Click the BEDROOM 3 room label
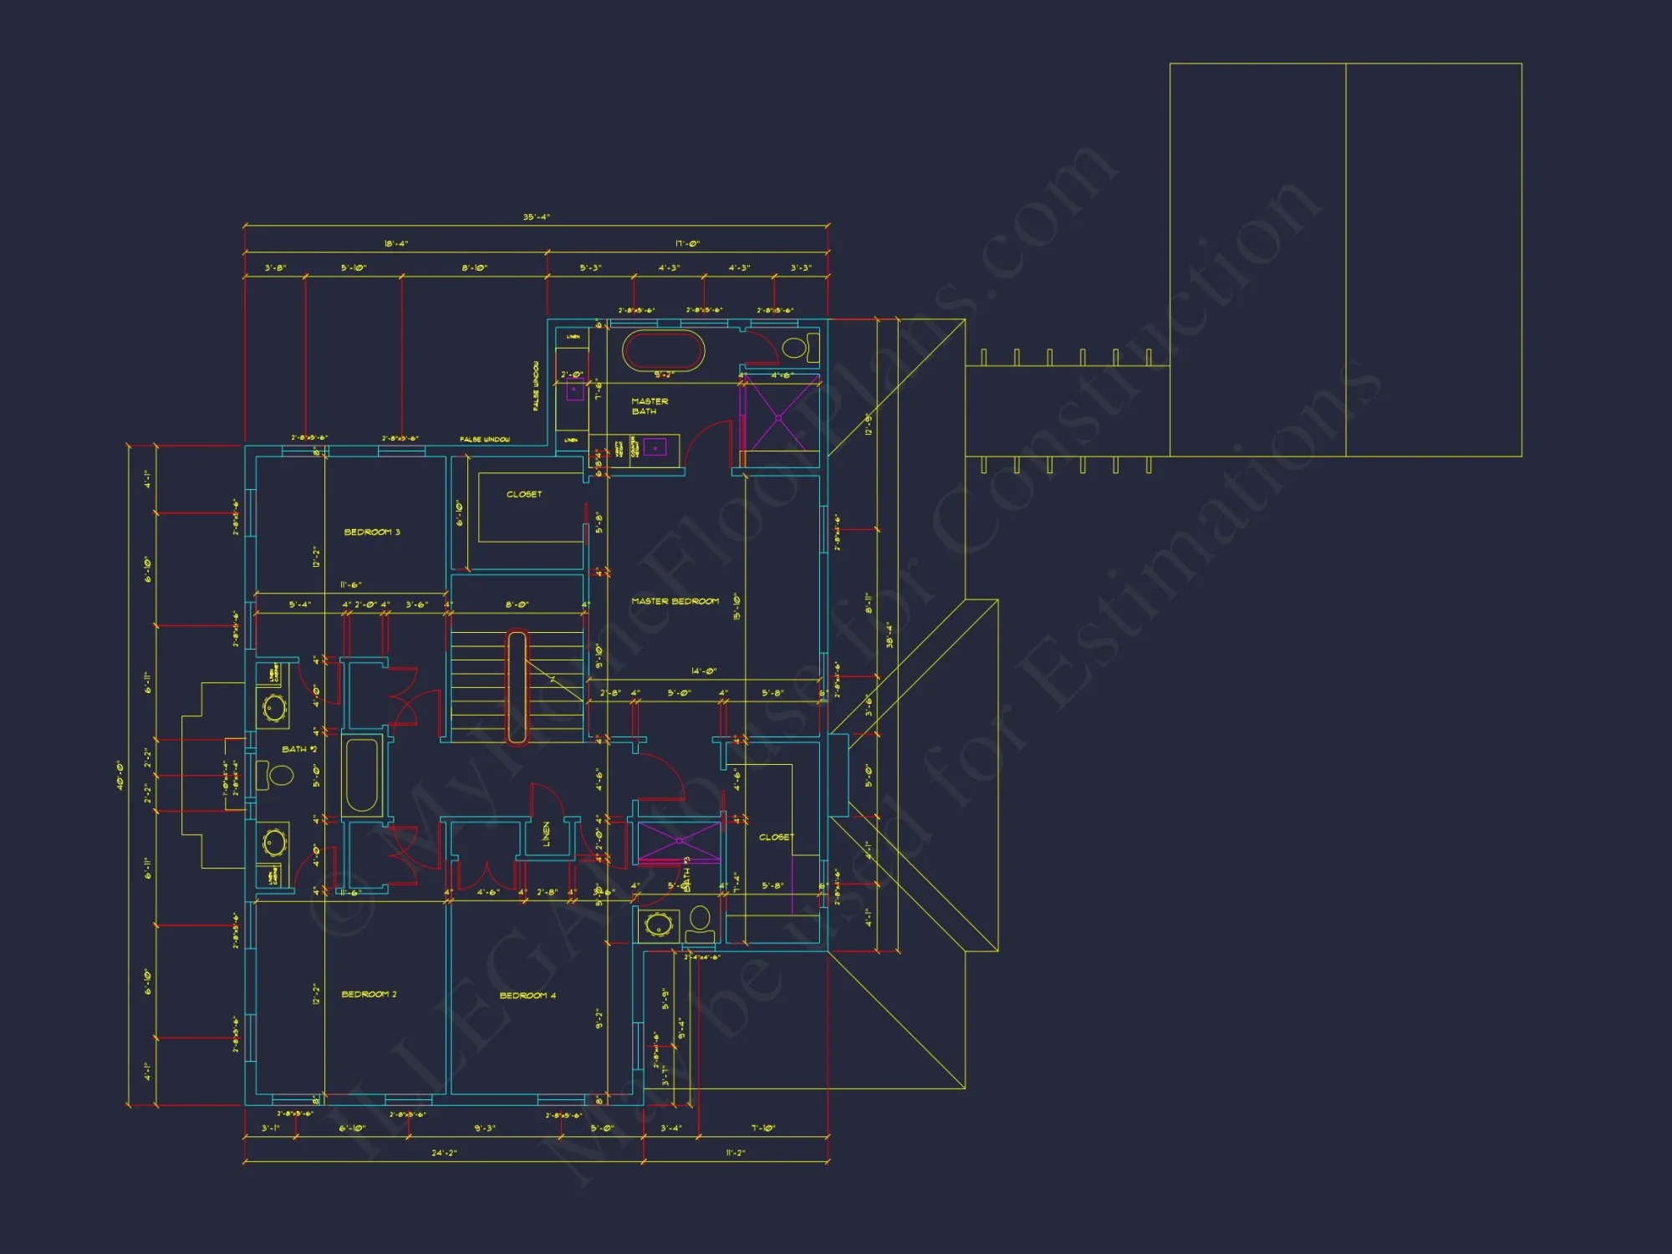coord(372,533)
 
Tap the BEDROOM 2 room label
coord(369,994)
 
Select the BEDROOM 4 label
coord(528,995)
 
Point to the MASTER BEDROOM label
coord(675,601)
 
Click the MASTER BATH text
coord(649,406)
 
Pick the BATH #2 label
coord(298,749)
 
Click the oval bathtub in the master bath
coord(664,351)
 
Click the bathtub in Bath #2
coord(362,775)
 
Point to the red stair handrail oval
coord(517,687)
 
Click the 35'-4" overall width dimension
coord(536,217)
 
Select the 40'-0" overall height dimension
coord(120,775)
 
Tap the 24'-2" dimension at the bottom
coord(444,1153)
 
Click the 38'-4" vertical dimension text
coord(889,635)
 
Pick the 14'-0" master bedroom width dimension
coord(703,671)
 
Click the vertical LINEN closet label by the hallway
coord(547,833)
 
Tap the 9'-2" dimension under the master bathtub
coord(664,375)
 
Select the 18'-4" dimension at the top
coord(395,244)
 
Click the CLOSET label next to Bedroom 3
coord(524,494)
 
